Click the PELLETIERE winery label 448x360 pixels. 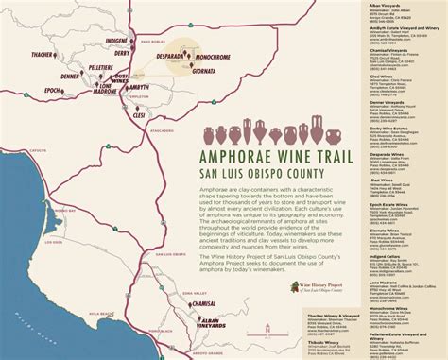click(100, 68)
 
